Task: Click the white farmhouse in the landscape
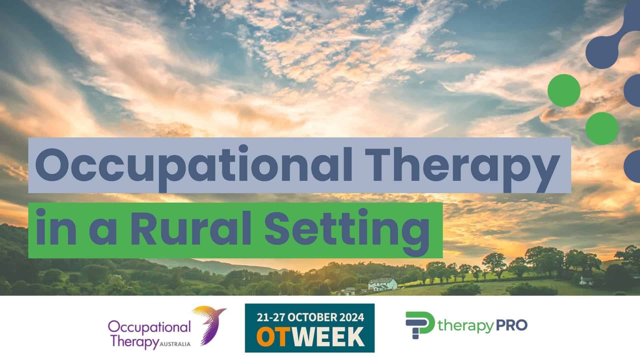pyautogui.click(x=383, y=284)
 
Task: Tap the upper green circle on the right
pyautogui.click(x=564, y=91)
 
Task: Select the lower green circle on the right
pyautogui.click(x=602, y=128)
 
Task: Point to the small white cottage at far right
pyautogui.click(x=586, y=281)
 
